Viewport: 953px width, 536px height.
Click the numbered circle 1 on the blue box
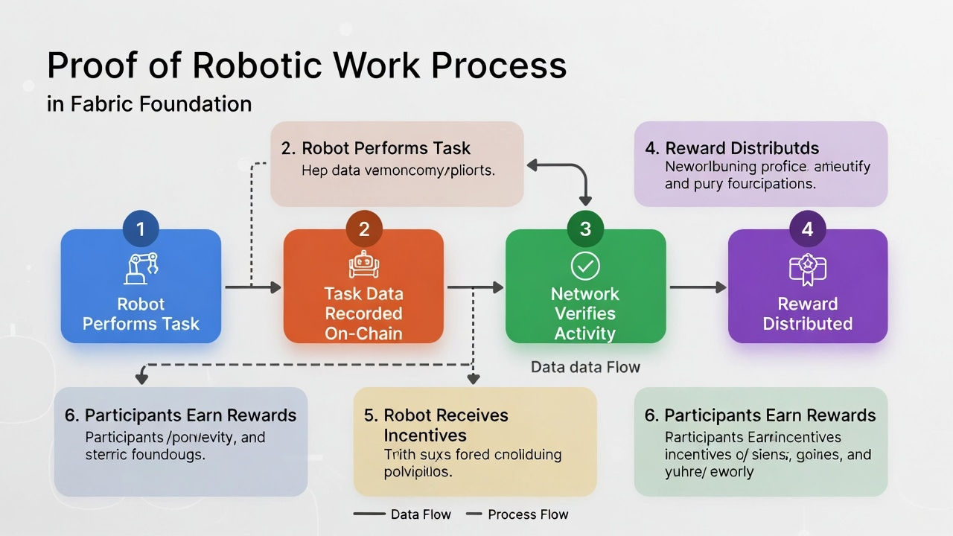141,229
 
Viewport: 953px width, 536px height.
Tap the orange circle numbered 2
364,229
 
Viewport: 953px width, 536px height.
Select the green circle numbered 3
585,229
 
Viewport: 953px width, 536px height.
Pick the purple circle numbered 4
807,229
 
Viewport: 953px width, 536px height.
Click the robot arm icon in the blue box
141,269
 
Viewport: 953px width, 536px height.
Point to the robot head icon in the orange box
364,265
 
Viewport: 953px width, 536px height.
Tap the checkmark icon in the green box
585,266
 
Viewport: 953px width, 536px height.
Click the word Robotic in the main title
258,66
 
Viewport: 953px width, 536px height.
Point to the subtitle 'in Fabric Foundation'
149,103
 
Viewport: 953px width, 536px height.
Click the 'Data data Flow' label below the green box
585,367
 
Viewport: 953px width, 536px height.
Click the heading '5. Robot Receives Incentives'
436,425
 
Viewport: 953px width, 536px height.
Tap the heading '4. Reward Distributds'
732,148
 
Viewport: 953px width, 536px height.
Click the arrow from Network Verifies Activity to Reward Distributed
697,287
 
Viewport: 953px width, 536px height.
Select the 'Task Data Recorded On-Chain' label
364,313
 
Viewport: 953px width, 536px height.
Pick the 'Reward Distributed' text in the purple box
807,313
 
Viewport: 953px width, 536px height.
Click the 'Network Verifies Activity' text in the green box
585,313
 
